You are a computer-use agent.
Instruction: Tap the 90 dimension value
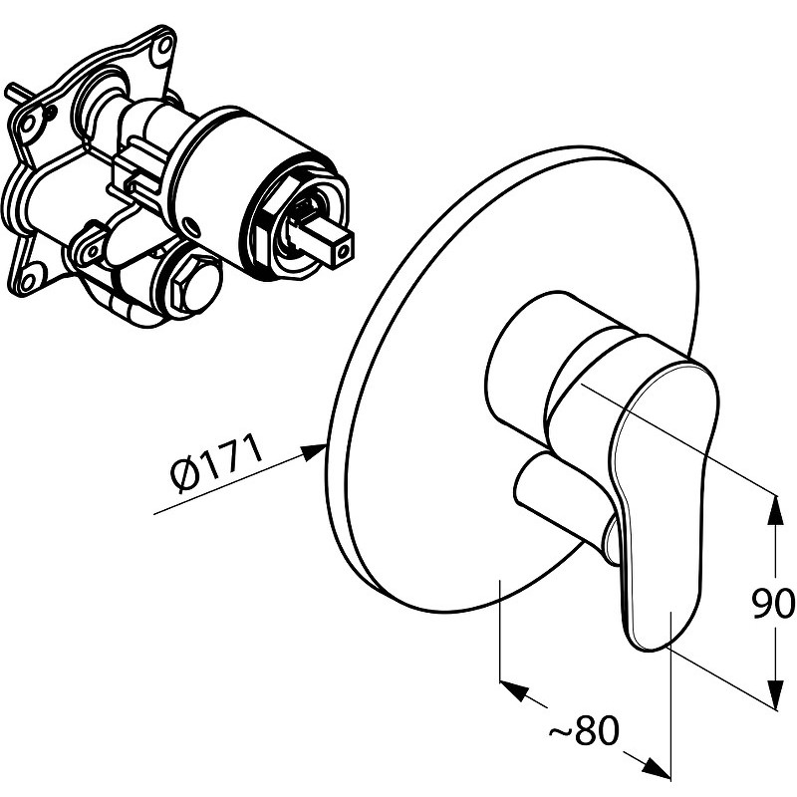point(774,604)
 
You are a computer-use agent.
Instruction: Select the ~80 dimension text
point(584,733)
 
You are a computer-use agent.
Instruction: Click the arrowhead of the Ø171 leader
point(314,451)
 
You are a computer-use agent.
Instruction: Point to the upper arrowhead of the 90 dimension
point(775,509)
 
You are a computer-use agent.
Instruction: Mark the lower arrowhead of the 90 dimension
point(775,693)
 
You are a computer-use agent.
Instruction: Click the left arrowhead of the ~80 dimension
point(514,689)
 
